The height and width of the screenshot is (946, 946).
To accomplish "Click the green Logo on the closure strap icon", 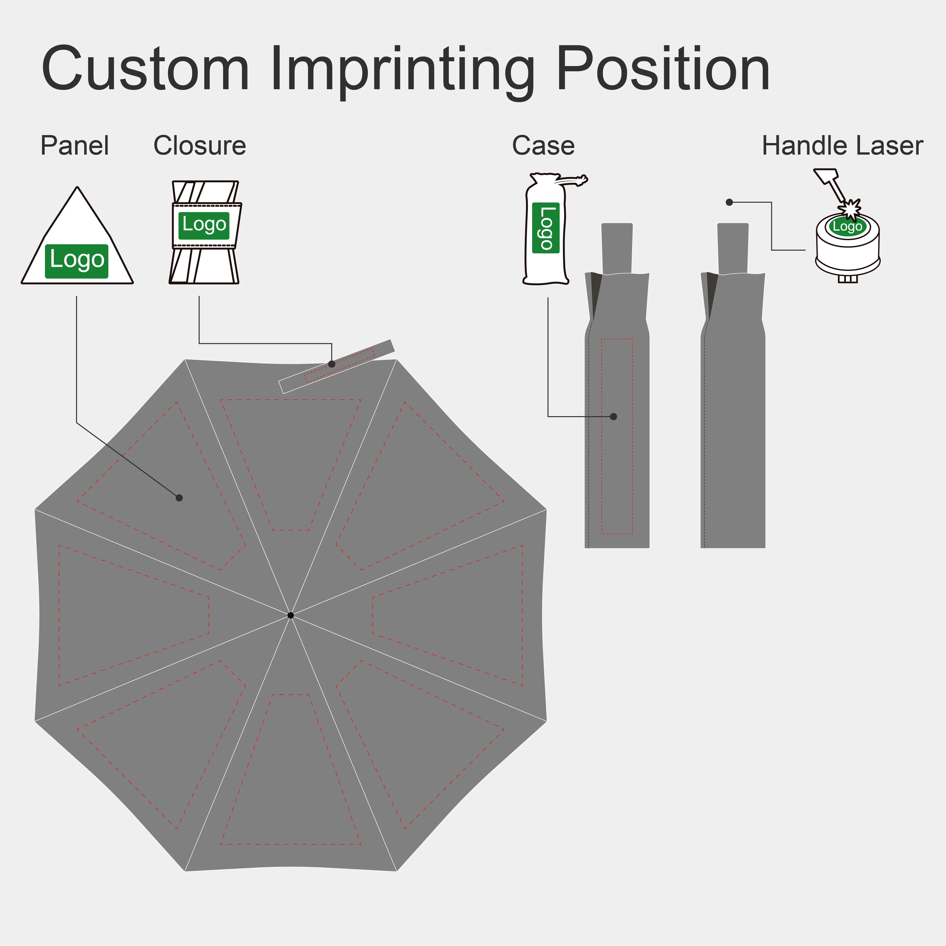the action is point(204,226).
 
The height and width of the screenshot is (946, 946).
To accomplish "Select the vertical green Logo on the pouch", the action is point(546,228).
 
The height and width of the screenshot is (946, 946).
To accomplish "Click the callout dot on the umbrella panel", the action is point(179,498).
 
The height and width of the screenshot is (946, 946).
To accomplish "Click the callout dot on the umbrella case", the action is point(614,417).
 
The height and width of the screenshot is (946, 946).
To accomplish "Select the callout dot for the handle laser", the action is point(729,202).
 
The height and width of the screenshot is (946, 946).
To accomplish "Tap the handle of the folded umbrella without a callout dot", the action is point(733,248).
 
